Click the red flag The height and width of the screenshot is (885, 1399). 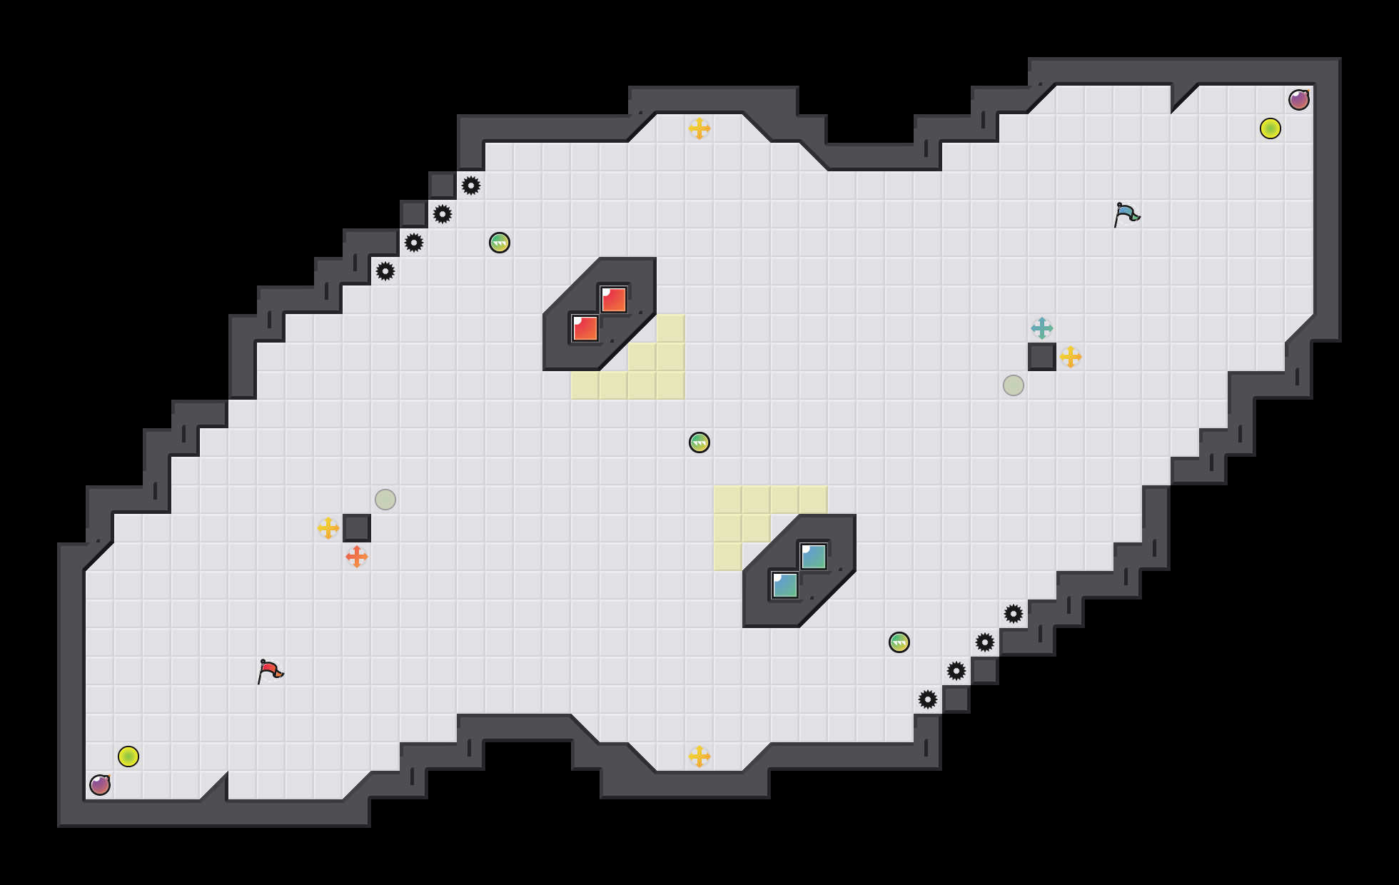pos(270,671)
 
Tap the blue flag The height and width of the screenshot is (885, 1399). pos(1126,214)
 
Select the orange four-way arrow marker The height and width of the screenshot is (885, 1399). pos(357,557)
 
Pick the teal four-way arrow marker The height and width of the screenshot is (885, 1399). pos(1042,328)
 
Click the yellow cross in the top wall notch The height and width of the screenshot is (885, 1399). pos(699,128)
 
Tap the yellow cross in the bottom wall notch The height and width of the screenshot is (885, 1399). pos(699,757)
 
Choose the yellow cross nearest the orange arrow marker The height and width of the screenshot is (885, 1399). pos(328,528)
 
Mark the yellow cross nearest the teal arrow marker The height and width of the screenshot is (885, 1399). pos(1071,357)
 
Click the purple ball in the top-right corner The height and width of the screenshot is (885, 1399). pos(1299,100)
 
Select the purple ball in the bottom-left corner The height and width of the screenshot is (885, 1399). pos(100,785)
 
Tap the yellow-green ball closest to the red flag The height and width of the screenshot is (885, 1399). pos(128,757)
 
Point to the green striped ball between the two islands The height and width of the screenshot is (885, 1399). pos(699,442)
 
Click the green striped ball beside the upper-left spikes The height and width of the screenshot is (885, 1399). pos(500,243)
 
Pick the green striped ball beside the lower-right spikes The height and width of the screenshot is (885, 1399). pos(899,642)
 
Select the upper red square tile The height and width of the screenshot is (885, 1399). pos(614,300)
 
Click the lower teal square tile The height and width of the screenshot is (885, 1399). pos(785,585)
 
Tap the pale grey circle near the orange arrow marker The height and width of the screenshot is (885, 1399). pos(385,500)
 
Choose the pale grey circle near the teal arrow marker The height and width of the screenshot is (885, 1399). pos(1014,385)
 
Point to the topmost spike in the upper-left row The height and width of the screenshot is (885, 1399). pos(471,186)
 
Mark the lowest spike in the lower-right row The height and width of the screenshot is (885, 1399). pos(928,699)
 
